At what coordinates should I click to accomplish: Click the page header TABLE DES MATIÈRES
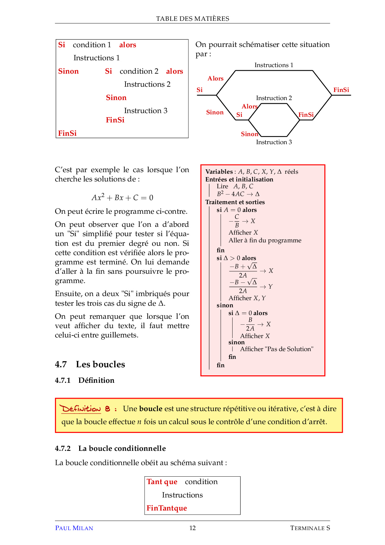click(x=192, y=19)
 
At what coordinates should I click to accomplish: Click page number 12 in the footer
click(x=192, y=528)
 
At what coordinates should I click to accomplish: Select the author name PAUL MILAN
click(x=74, y=528)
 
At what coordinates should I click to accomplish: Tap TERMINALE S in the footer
click(x=310, y=528)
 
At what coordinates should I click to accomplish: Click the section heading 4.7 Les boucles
click(x=90, y=364)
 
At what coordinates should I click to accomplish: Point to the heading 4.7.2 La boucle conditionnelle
click(x=110, y=448)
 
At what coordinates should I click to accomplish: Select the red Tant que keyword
click(x=162, y=482)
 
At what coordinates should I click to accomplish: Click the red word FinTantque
click(x=167, y=508)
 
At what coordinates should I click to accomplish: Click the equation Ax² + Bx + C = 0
click(x=122, y=198)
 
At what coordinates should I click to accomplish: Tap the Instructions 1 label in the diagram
click(x=274, y=65)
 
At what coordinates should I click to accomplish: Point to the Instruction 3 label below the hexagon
click(x=274, y=142)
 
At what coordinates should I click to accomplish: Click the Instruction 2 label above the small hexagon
click(x=274, y=98)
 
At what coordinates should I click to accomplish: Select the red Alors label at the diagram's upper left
click(x=215, y=78)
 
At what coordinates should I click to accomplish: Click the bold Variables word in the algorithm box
click(x=219, y=172)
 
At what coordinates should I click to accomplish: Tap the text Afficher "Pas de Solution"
click(x=277, y=349)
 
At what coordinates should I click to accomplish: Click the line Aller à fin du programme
click(x=265, y=240)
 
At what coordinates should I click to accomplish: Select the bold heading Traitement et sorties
click(x=235, y=202)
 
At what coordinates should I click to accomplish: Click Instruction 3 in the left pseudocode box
click(x=146, y=111)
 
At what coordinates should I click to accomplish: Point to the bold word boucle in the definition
click(x=151, y=409)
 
